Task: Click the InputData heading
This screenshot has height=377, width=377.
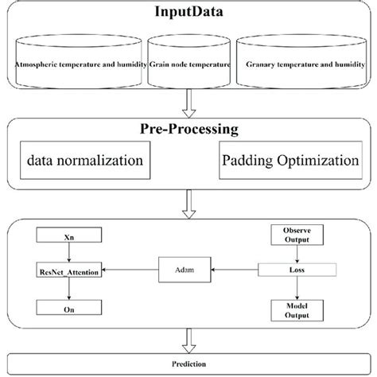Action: [x=188, y=14]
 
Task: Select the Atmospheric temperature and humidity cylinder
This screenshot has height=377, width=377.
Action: [x=78, y=64]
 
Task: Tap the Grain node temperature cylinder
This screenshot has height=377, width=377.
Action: [x=190, y=64]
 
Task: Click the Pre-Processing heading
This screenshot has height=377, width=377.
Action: [x=188, y=130]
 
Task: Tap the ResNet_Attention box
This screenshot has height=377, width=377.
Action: [x=70, y=270]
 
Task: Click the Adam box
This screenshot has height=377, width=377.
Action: [x=181, y=270]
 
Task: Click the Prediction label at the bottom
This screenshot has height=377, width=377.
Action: [x=188, y=363]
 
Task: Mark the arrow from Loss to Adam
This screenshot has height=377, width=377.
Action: [x=234, y=270]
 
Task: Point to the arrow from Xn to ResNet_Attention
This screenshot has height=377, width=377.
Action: [x=70, y=253]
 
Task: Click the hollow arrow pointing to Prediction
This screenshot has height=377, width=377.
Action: [x=188, y=341]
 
